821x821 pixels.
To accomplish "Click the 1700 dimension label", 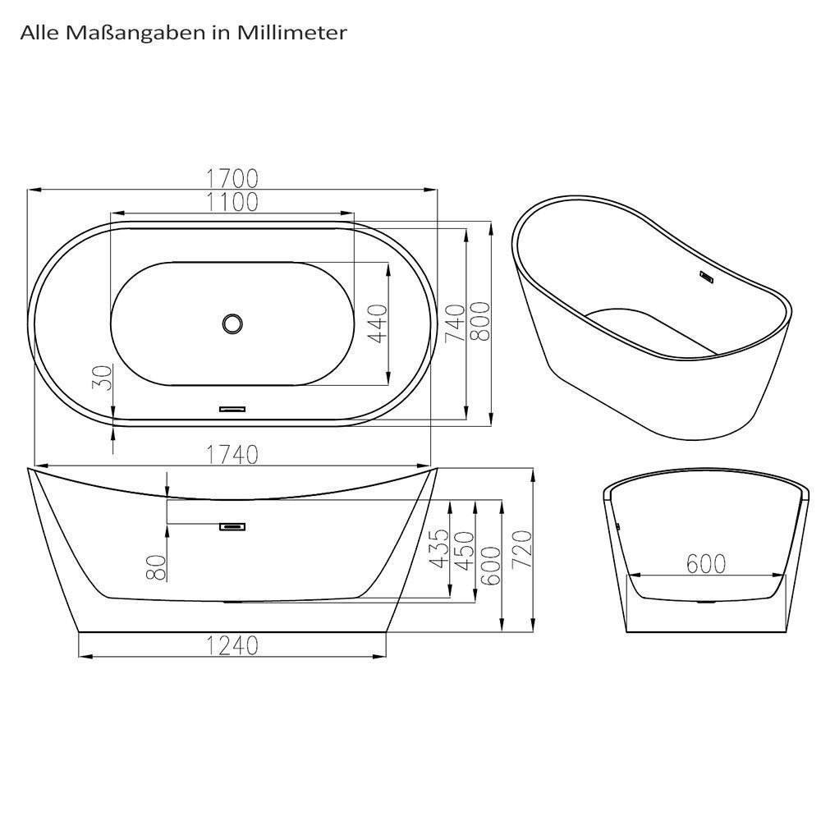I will [x=232, y=178].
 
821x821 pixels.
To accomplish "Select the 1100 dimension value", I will [x=232, y=201].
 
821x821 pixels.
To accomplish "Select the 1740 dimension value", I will [x=232, y=453].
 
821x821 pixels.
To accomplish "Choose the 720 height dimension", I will [x=522, y=550].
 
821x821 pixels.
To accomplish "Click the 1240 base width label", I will [x=232, y=646].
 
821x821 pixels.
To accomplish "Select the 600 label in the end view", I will [x=706, y=564].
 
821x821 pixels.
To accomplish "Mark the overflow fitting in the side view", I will [x=233, y=526].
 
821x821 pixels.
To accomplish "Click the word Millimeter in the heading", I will [x=303, y=34].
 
